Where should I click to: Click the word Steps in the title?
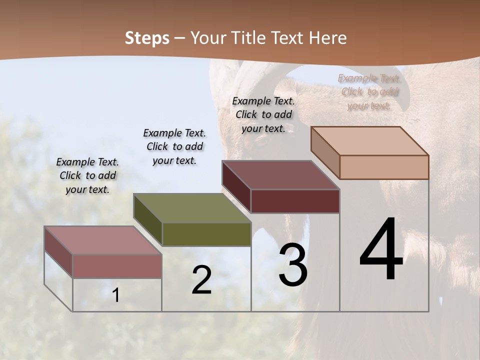[x=147, y=38]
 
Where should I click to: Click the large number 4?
[x=381, y=250]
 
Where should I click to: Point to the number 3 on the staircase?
[x=293, y=265]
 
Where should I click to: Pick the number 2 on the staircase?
[x=201, y=280]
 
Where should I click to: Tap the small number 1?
[x=116, y=295]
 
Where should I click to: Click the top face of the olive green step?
[x=192, y=208]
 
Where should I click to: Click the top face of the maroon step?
[x=280, y=175]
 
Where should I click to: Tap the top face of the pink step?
[x=103, y=240]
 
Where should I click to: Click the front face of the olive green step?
[x=206, y=234]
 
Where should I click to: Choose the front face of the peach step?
[x=384, y=167]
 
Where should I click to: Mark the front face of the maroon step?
[x=295, y=201]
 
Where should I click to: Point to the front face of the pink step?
[x=117, y=266]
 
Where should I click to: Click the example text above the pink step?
[x=87, y=175]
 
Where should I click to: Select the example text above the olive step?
[x=174, y=146]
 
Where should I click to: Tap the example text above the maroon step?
[x=263, y=114]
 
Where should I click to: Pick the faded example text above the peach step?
[x=369, y=91]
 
